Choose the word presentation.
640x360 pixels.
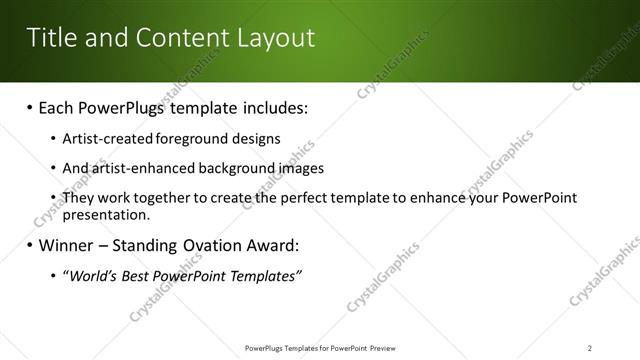[x=106, y=214]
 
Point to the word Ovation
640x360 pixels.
[x=213, y=245]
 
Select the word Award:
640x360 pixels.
[x=274, y=245]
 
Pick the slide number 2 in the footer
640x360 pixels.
[x=590, y=348]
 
